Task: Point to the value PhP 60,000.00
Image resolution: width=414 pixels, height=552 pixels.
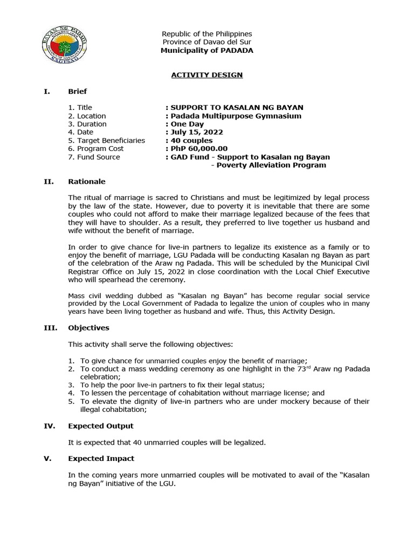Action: point(199,149)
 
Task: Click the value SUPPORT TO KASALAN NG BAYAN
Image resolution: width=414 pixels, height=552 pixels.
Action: point(237,108)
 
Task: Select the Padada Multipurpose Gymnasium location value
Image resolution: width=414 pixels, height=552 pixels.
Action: point(236,116)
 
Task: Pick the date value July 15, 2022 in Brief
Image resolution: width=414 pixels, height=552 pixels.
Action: point(196,132)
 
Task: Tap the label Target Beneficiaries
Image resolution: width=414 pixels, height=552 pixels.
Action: point(106,140)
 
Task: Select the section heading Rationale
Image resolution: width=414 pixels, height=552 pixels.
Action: point(86,182)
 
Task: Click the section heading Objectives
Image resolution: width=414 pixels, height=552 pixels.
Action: point(88,328)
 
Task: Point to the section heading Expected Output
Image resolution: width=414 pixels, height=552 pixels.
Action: point(100,426)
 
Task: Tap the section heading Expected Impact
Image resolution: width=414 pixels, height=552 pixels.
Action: point(101,458)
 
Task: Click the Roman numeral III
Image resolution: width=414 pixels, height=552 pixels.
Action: point(48,328)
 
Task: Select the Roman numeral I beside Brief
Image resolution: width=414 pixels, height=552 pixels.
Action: point(46,91)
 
